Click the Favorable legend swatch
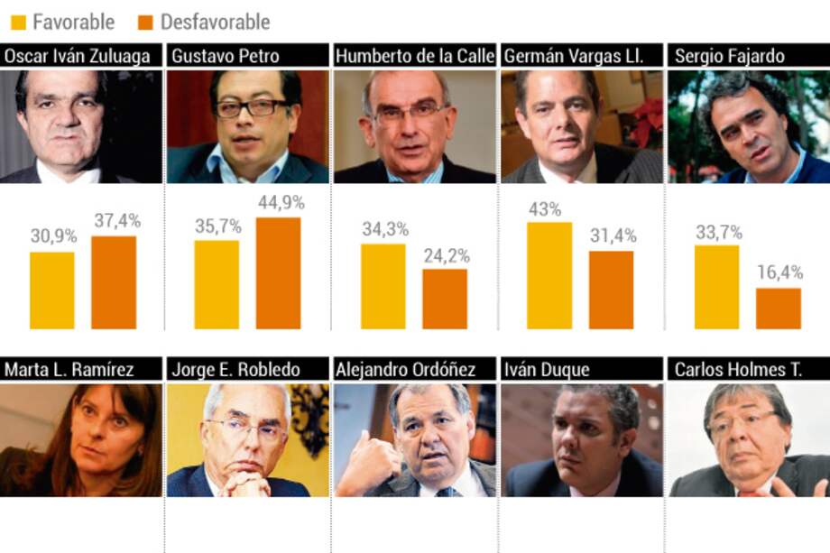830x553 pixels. coord(17,21)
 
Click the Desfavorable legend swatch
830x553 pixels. coord(146,21)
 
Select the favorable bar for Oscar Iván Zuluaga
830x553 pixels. coord(52,290)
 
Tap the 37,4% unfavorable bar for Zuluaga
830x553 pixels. coord(114,282)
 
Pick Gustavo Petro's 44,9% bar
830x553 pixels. coord(278,272)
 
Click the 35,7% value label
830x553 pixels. coord(217,226)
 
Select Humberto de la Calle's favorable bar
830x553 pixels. coord(383,286)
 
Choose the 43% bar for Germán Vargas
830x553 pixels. coord(549,275)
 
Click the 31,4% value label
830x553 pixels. coord(612,236)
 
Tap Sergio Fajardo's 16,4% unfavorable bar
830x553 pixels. coord(779,308)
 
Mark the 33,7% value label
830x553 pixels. coord(717,231)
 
